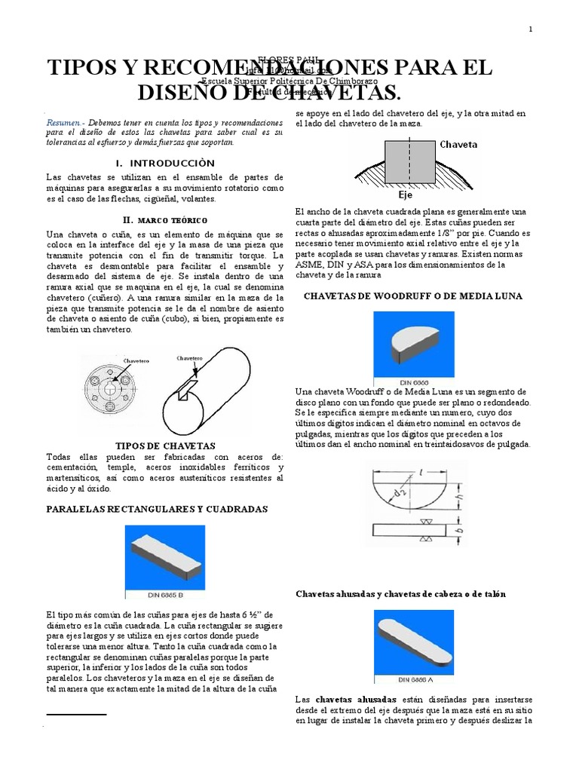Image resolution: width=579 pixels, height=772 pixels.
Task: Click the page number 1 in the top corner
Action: point(531,29)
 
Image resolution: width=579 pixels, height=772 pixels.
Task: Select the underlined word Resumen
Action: point(62,121)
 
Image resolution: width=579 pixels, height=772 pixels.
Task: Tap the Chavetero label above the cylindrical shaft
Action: point(190,358)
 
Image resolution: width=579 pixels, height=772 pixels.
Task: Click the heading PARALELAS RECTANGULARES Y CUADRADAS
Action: point(157,509)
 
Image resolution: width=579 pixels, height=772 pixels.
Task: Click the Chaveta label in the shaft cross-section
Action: point(458,144)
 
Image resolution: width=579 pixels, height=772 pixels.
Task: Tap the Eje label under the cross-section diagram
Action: point(406,194)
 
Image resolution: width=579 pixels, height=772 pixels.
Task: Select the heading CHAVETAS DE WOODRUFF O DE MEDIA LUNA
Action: point(412,296)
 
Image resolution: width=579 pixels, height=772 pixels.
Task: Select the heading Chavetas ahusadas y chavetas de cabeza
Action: point(400,594)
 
